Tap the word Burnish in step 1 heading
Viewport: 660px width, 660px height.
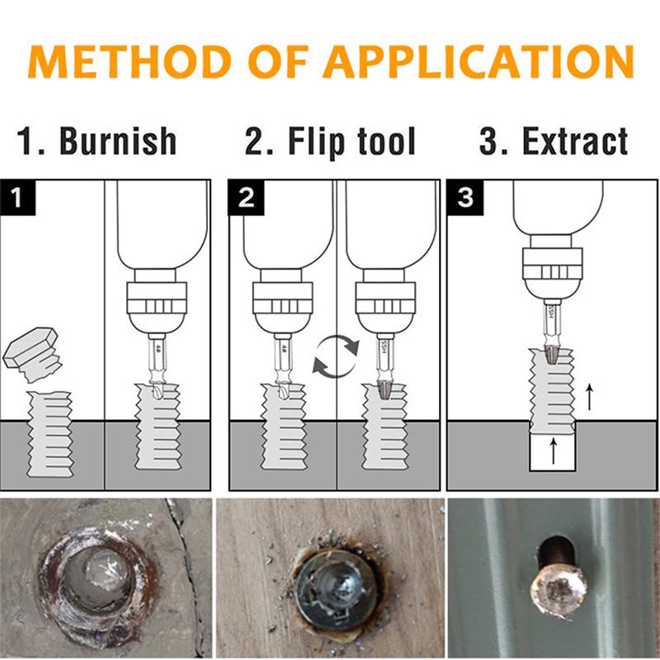tap(118, 141)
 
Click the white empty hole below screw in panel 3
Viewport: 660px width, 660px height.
tap(553, 452)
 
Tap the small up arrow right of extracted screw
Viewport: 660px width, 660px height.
tap(588, 398)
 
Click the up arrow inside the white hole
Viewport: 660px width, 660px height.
tap(553, 450)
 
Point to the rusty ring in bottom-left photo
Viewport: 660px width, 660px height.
tap(95, 577)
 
